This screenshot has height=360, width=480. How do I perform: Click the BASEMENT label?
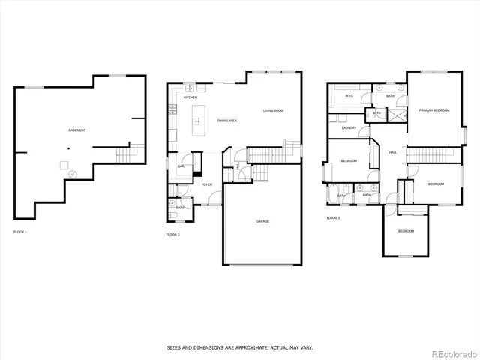point(76,130)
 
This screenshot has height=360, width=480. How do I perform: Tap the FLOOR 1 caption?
point(20,232)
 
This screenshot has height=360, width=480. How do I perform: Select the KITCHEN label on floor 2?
point(190,98)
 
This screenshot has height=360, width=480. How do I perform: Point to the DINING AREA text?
point(227,121)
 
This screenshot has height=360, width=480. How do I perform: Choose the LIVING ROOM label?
point(273,111)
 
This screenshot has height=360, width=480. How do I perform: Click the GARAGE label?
point(262,221)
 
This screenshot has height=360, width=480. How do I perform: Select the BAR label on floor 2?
point(181,166)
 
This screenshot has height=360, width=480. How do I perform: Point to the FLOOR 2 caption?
point(172,235)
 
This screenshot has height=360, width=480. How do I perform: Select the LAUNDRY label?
point(348,128)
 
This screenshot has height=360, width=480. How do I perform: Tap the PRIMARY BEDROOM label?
point(434,110)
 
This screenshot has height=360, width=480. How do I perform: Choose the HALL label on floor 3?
point(392,152)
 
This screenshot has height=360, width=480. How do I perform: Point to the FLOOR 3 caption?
point(333,218)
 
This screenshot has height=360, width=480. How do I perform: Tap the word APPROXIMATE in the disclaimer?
point(245,347)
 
